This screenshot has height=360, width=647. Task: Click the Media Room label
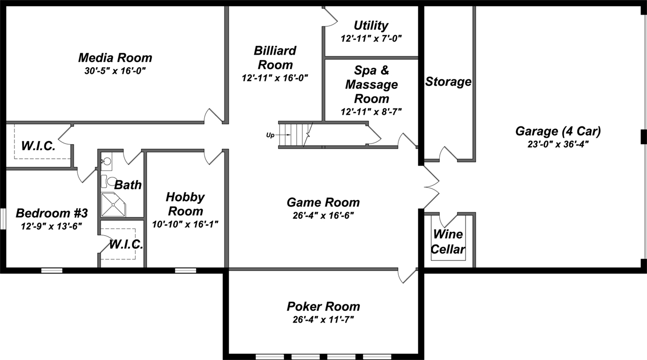[115, 58]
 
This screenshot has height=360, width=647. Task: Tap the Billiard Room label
[275, 58]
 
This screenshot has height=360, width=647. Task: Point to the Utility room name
[371, 25]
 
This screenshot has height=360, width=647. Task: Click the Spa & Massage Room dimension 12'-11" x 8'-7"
[371, 111]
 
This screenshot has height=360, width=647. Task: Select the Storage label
[448, 81]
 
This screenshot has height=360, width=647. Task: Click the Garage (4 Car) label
[558, 131]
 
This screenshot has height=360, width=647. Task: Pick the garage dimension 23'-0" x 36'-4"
[558, 144]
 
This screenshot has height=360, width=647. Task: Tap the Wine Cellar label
[448, 242]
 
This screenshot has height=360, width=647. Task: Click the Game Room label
[323, 202]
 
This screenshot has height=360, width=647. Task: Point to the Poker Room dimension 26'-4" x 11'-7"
[323, 319]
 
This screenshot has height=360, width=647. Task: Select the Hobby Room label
[185, 204]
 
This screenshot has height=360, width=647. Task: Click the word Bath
[128, 185]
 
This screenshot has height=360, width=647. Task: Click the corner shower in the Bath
[114, 204]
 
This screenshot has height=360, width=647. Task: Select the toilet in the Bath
[111, 181]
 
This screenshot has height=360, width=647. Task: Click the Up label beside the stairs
[270, 135]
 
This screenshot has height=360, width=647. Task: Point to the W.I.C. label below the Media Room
[38, 146]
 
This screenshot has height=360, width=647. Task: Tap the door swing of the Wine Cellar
[447, 219]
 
